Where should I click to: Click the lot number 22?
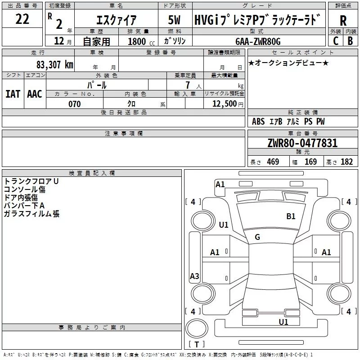coord(22,19)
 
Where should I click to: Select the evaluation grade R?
coord(343,21)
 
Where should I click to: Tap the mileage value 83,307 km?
coord(55,65)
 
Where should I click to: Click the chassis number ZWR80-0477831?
coord(302,143)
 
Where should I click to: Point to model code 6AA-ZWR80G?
coord(258,41)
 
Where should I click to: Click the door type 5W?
coord(174,20)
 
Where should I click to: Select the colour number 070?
coord(74,104)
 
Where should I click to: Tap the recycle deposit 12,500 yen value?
coord(228,104)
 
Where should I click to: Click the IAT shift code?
coord(13,94)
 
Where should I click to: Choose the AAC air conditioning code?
coord(35,94)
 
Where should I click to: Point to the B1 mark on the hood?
coord(291,216)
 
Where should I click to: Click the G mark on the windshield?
coord(257,237)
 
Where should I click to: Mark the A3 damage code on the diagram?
coord(194,276)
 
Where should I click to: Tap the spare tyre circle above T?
coord(197,328)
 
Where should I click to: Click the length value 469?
coord(273,162)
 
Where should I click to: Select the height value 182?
coord(346,162)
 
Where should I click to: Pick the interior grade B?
coord(350,41)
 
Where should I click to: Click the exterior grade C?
coord(336,41)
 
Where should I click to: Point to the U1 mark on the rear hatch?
coord(283,322)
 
